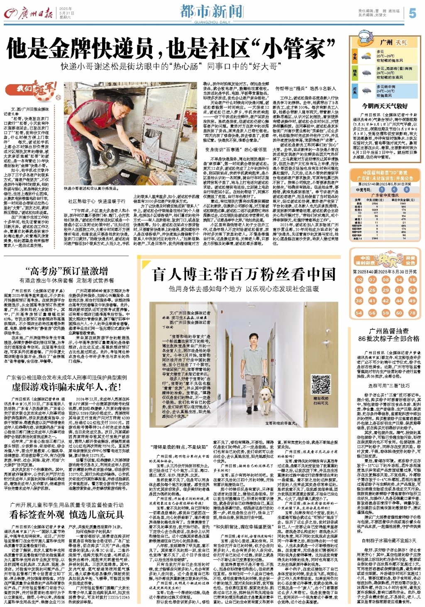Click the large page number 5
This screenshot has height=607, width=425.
(x=412, y=13)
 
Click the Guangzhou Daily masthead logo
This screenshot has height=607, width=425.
(x=28, y=14)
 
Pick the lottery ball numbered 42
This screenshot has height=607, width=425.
(x=386, y=301)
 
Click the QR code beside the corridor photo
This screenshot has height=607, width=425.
(x=321, y=385)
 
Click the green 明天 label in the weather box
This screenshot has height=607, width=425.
(x=354, y=73)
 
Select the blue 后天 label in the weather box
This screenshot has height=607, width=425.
(x=354, y=90)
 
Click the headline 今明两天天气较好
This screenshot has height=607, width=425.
(x=384, y=106)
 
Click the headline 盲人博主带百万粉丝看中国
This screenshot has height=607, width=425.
(x=244, y=274)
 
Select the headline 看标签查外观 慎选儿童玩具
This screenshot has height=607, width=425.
(x=66, y=514)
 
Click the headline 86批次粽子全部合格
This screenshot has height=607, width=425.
(x=389, y=338)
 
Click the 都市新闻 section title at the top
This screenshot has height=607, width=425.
(x=212, y=11)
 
